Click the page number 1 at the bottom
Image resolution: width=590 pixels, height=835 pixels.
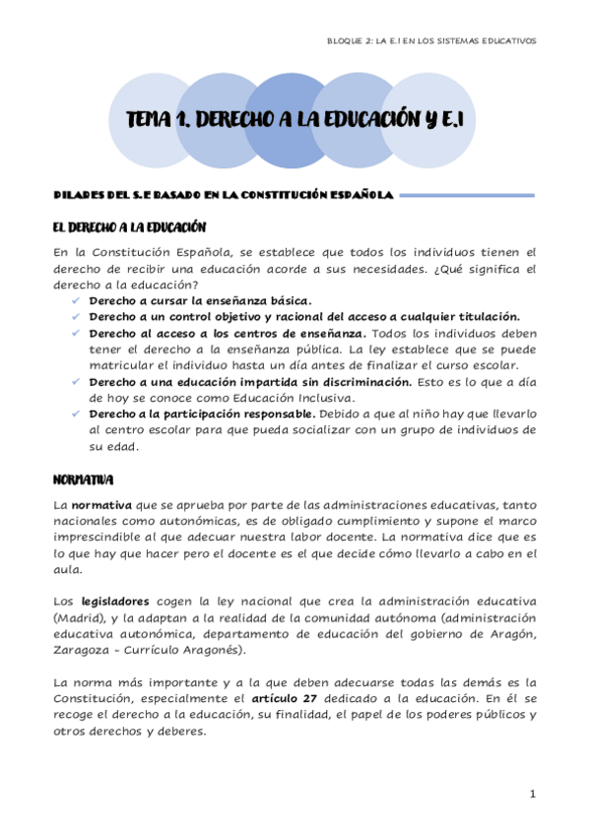pos(532,794)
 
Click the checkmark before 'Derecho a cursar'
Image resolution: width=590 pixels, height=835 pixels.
pos(76,300)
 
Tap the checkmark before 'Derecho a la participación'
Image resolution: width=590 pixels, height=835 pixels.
pos(76,414)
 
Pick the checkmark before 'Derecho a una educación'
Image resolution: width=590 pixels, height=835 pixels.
pos(76,381)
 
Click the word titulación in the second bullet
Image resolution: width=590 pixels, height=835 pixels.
pos(483,316)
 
